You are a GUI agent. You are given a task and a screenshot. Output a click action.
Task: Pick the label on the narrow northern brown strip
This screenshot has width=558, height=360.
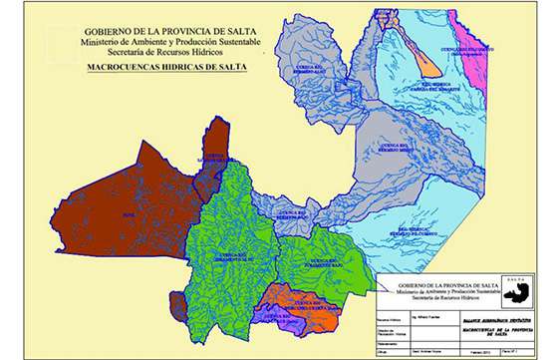coord(210,160)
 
